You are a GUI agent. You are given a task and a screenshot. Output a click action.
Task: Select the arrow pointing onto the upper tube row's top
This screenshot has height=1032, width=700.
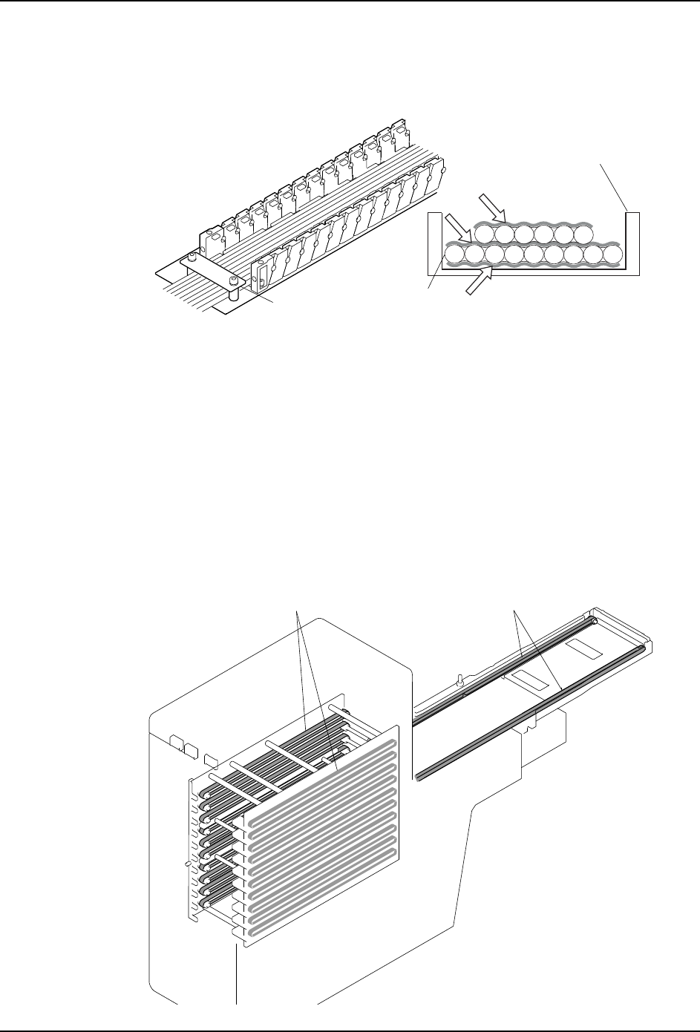[x=492, y=208]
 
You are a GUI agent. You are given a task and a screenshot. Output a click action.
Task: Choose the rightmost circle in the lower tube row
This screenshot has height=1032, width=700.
[x=612, y=256]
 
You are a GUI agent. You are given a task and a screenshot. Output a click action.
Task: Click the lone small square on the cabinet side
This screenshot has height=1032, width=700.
[x=211, y=760]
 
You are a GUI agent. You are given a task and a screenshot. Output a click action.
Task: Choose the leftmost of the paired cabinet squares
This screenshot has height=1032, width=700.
[x=176, y=743]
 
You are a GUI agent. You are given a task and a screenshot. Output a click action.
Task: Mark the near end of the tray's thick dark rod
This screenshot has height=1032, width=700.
[x=421, y=777]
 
